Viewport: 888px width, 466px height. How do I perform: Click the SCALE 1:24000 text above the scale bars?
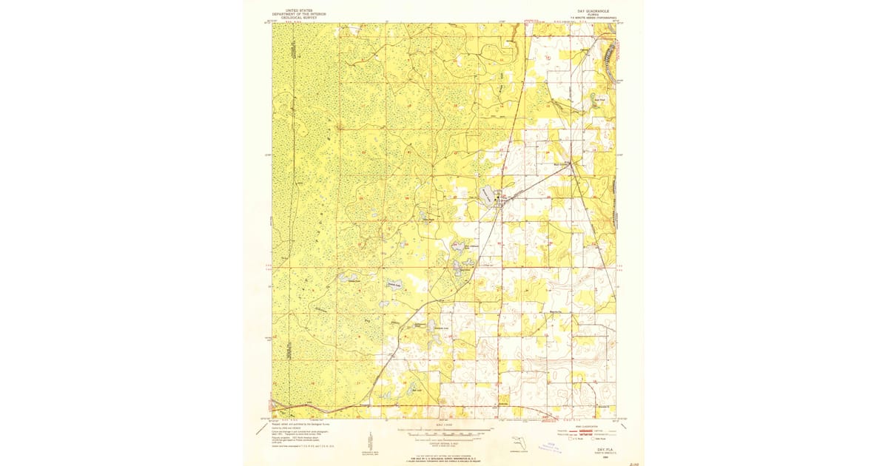click(x=443, y=425)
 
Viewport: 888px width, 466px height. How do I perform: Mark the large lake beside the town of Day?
click(x=485, y=195)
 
